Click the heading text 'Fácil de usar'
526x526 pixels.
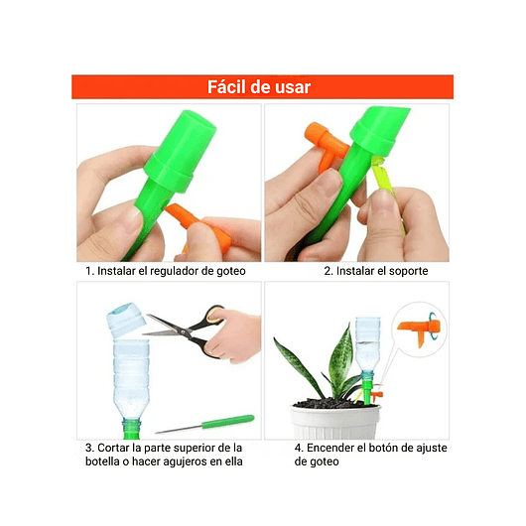pyautogui.click(x=259, y=87)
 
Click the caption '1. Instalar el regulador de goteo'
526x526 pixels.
pyautogui.click(x=165, y=271)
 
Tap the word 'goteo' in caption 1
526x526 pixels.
pyautogui.click(x=228, y=271)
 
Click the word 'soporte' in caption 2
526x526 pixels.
pyautogui.click(x=406, y=271)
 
